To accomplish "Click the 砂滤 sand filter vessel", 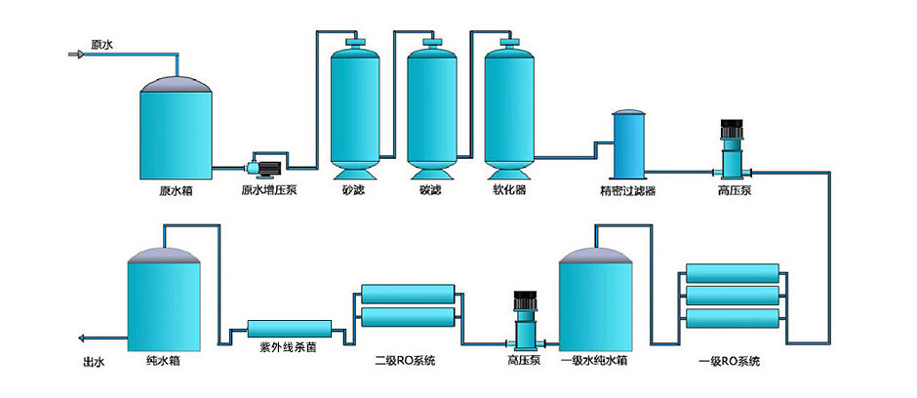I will coord(355,107).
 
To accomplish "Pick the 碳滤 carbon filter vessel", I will coord(431,107).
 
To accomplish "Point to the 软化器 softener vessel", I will coord(508,107).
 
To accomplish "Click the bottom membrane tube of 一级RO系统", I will coord(733,318).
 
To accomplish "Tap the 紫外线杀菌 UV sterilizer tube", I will coord(289,329).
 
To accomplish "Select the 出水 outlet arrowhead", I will coord(82,338).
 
